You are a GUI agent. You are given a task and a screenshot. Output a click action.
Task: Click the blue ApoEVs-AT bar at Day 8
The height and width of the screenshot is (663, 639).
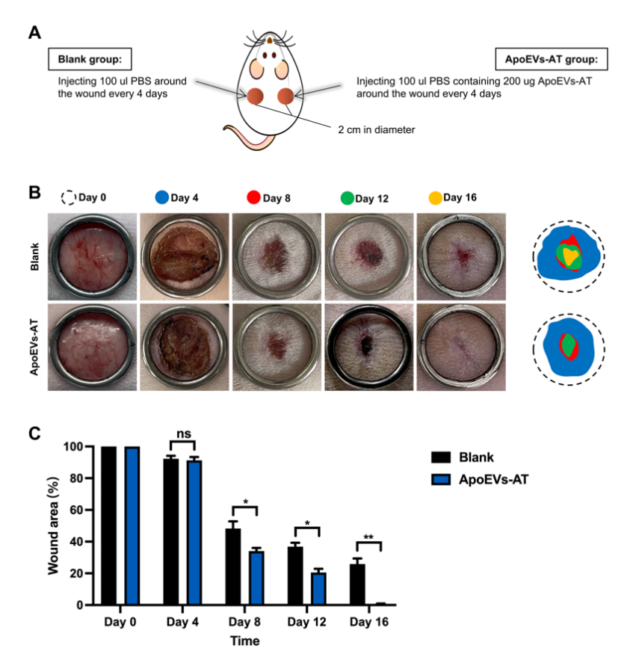[256, 578]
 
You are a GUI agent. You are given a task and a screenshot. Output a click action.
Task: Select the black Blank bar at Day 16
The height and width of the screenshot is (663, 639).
[357, 585]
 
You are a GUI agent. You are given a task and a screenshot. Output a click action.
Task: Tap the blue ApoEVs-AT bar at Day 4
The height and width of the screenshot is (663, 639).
[194, 533]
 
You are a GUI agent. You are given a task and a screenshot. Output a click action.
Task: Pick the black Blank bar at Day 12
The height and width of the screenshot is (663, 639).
[295, 576]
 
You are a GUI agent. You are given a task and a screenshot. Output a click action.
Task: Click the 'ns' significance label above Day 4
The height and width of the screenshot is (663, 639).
[184, 434]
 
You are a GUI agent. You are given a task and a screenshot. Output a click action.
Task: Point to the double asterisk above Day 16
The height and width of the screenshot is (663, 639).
[368, 537]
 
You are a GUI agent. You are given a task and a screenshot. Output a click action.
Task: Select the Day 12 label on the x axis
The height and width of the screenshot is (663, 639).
[306, 622]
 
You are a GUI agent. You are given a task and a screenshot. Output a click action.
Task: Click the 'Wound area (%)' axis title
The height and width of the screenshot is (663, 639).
[53, 525]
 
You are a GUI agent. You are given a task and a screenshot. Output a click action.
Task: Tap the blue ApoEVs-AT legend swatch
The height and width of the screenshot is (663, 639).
[441, 479]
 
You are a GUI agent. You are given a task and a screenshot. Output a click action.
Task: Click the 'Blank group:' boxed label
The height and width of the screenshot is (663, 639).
[90, 59]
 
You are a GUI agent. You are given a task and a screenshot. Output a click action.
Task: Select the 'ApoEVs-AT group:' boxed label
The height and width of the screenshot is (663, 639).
[552, 59]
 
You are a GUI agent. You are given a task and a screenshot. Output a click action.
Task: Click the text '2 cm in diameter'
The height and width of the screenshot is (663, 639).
[377, 130]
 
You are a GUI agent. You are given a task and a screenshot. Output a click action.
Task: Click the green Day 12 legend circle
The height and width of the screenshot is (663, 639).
[348, 198]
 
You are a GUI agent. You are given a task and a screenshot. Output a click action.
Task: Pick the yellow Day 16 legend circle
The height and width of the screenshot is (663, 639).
[435, 198]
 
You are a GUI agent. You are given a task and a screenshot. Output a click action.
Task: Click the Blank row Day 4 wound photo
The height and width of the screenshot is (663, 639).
[185, 256]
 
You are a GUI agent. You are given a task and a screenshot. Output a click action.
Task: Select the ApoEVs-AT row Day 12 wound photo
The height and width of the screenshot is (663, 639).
[368, 347]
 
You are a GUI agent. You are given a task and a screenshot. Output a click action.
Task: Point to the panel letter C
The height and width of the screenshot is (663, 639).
[34, 434]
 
